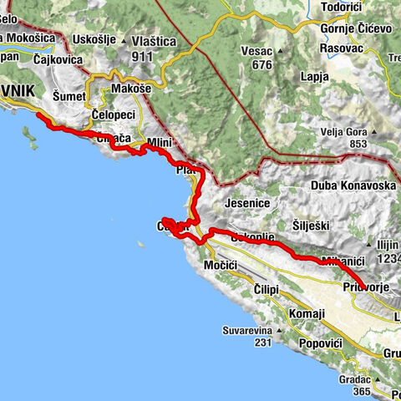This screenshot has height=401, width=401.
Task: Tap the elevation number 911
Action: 142,57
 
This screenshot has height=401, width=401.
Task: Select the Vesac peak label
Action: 256,51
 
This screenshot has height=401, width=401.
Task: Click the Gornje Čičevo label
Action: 356,28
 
